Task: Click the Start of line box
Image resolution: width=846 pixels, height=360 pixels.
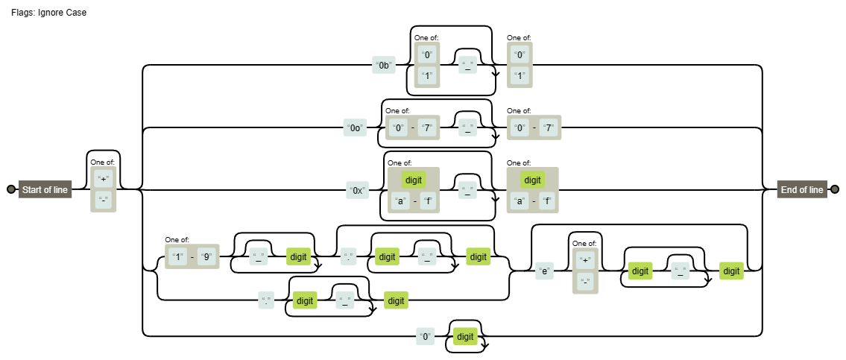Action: click(45, 190)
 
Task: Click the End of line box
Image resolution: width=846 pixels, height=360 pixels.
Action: click(801, 190)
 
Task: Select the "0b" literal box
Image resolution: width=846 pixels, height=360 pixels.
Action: click(384, 66)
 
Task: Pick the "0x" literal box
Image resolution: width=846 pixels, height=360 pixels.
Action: click(358, 190)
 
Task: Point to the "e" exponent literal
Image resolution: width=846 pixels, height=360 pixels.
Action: click(545, 271)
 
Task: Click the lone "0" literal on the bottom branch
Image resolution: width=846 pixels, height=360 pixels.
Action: click(425, 337)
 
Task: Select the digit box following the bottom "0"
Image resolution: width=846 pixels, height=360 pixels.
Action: click(465, 337)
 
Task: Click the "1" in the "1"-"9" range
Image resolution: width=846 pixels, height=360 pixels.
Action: click(177, 257)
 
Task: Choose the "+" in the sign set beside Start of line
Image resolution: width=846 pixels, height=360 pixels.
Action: click(104, 179)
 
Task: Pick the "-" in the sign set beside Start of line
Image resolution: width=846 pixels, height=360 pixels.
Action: click(104, 199)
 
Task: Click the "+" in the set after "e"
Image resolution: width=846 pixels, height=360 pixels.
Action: click(585, 260)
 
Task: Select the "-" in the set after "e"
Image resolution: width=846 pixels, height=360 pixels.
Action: click(585, 282)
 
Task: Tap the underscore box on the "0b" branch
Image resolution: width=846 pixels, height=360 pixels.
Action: click(468, 66)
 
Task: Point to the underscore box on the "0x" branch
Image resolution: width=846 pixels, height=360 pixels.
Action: click(468, 190)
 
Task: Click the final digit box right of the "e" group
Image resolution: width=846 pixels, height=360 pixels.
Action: click(731, 271)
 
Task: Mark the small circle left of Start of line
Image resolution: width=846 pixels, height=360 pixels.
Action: click(10, 190)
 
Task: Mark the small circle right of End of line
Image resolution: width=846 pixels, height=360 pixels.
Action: click(835, 190)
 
